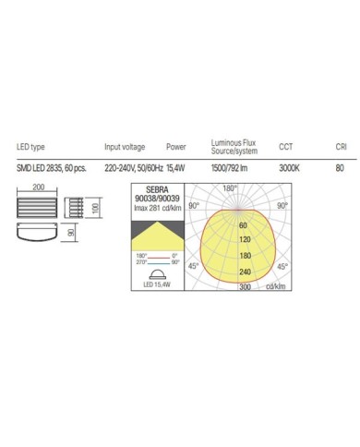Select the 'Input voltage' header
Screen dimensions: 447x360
(124, 147)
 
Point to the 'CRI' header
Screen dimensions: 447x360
(341, 147)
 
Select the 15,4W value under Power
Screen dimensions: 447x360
(176, 167)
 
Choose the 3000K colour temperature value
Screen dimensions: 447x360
(288, 167)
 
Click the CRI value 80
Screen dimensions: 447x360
(340, 167)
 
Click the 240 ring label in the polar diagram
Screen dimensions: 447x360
(245, 272)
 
